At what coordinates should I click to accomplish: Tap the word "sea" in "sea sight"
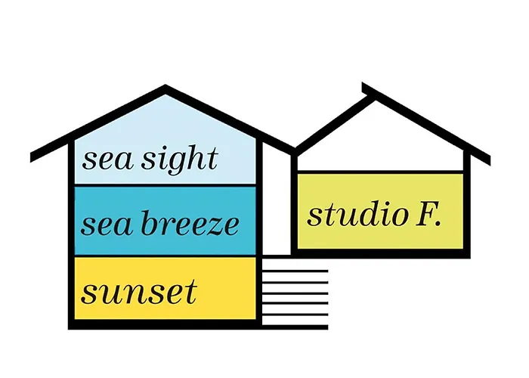(107, 161)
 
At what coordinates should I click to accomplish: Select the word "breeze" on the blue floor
(190, 223)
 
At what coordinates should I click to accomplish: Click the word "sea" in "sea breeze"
(107, 225)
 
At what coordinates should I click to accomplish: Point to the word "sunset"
(138, 293)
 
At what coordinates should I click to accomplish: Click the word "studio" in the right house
(357, 215)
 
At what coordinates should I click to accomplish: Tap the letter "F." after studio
(428, 214)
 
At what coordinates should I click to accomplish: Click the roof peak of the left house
(165, 86)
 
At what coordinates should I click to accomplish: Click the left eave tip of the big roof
(31, 158)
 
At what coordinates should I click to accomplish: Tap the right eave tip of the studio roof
(490, 161)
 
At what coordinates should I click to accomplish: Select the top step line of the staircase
(295, 271)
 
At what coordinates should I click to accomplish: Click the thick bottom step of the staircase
(295, 327)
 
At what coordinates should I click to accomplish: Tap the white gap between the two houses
(277, 203)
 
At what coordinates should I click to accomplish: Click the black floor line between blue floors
(165, 186)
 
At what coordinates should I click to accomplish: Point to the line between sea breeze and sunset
(165, 256)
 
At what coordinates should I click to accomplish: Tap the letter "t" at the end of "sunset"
(191, 293)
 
